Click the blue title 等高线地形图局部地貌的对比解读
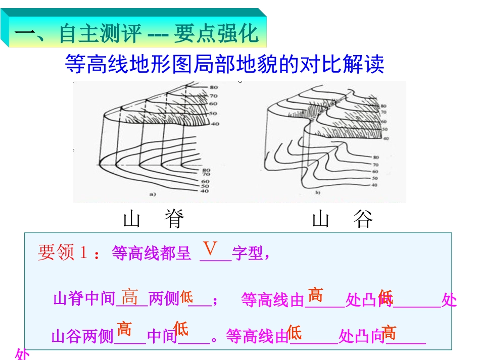[225, 64]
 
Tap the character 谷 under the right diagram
[363, 219]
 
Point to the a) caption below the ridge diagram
[152, 193]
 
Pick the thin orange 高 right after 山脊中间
[130, 297]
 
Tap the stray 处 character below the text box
[23, 355]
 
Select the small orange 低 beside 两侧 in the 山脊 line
[186, 297]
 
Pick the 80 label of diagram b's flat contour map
[375, 158]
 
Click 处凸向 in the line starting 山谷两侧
[362, 336]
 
